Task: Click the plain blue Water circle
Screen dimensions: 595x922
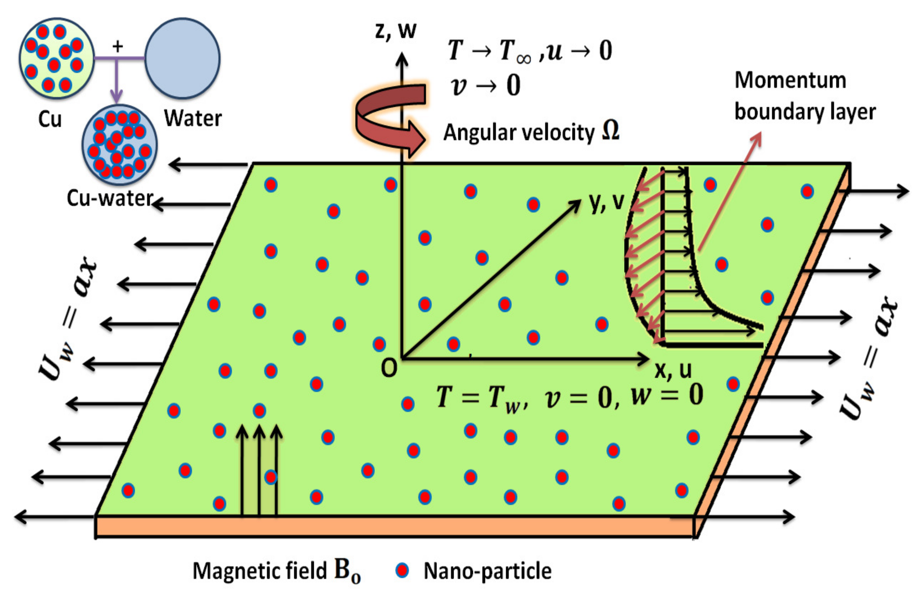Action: pyautogui.click(x=182, y=58)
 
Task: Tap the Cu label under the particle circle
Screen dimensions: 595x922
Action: pyautogui.click(x=50, y=119)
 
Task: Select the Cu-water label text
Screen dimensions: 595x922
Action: pyautogui.click(x=110, y=198)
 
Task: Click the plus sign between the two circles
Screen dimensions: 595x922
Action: pyautogui.click(x=118, y=46)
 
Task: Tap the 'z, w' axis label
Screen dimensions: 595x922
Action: pyautogui.click(x=395, y=31)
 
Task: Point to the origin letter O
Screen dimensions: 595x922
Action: pyautogui.click(x=389, y=368)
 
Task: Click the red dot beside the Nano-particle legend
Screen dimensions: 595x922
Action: pyautogui.click(x=402, y=570)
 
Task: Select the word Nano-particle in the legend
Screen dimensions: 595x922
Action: pyautogui.click(x=488, y=571)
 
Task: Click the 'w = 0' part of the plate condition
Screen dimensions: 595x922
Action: pyautogui.click(x=666, y=396)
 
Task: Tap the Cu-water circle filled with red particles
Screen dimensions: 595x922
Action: pyautogui.click(x=119, y=145)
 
